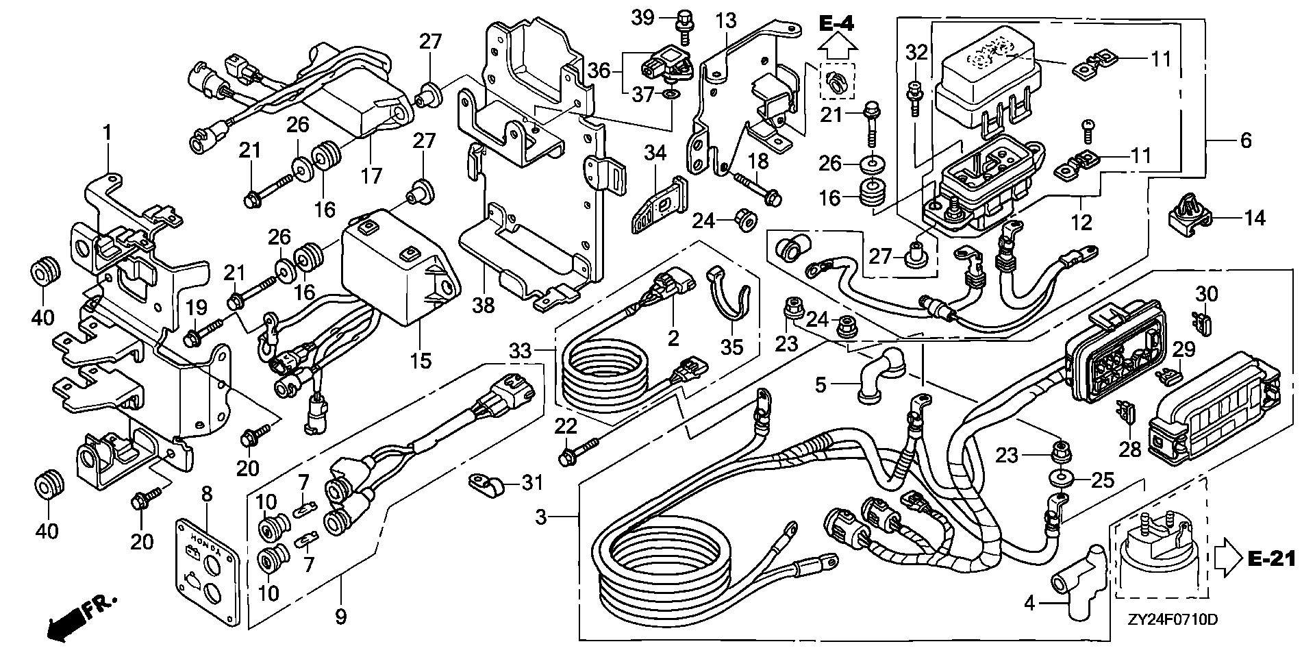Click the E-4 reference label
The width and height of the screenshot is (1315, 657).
(x=836, y=24)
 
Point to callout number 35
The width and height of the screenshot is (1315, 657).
(x=731, y=346)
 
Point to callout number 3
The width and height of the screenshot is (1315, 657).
(x=541, y=517)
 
